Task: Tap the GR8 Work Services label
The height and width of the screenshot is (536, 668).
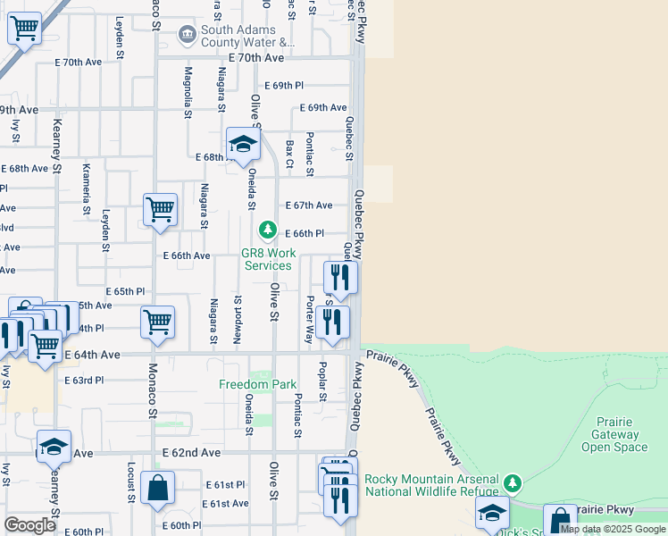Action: (268, 259)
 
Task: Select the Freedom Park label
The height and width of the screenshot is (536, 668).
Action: (258, 384)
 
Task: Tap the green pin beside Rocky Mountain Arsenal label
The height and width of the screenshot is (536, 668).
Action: (512, 483)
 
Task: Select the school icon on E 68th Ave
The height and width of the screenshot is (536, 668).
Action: (243, 144)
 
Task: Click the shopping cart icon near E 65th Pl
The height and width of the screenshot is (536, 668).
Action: (158, 322)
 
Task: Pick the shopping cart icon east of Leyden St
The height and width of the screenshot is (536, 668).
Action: (160, 210)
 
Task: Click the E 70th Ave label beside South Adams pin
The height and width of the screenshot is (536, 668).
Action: (255, 57)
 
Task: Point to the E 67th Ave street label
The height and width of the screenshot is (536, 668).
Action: (309, 205)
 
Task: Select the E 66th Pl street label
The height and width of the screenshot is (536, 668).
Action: (304, 233)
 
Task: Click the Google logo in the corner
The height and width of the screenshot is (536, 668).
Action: (29, 525)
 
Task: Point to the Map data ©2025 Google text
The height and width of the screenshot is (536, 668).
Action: (613, 529)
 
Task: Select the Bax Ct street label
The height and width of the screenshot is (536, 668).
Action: (289, 153)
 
